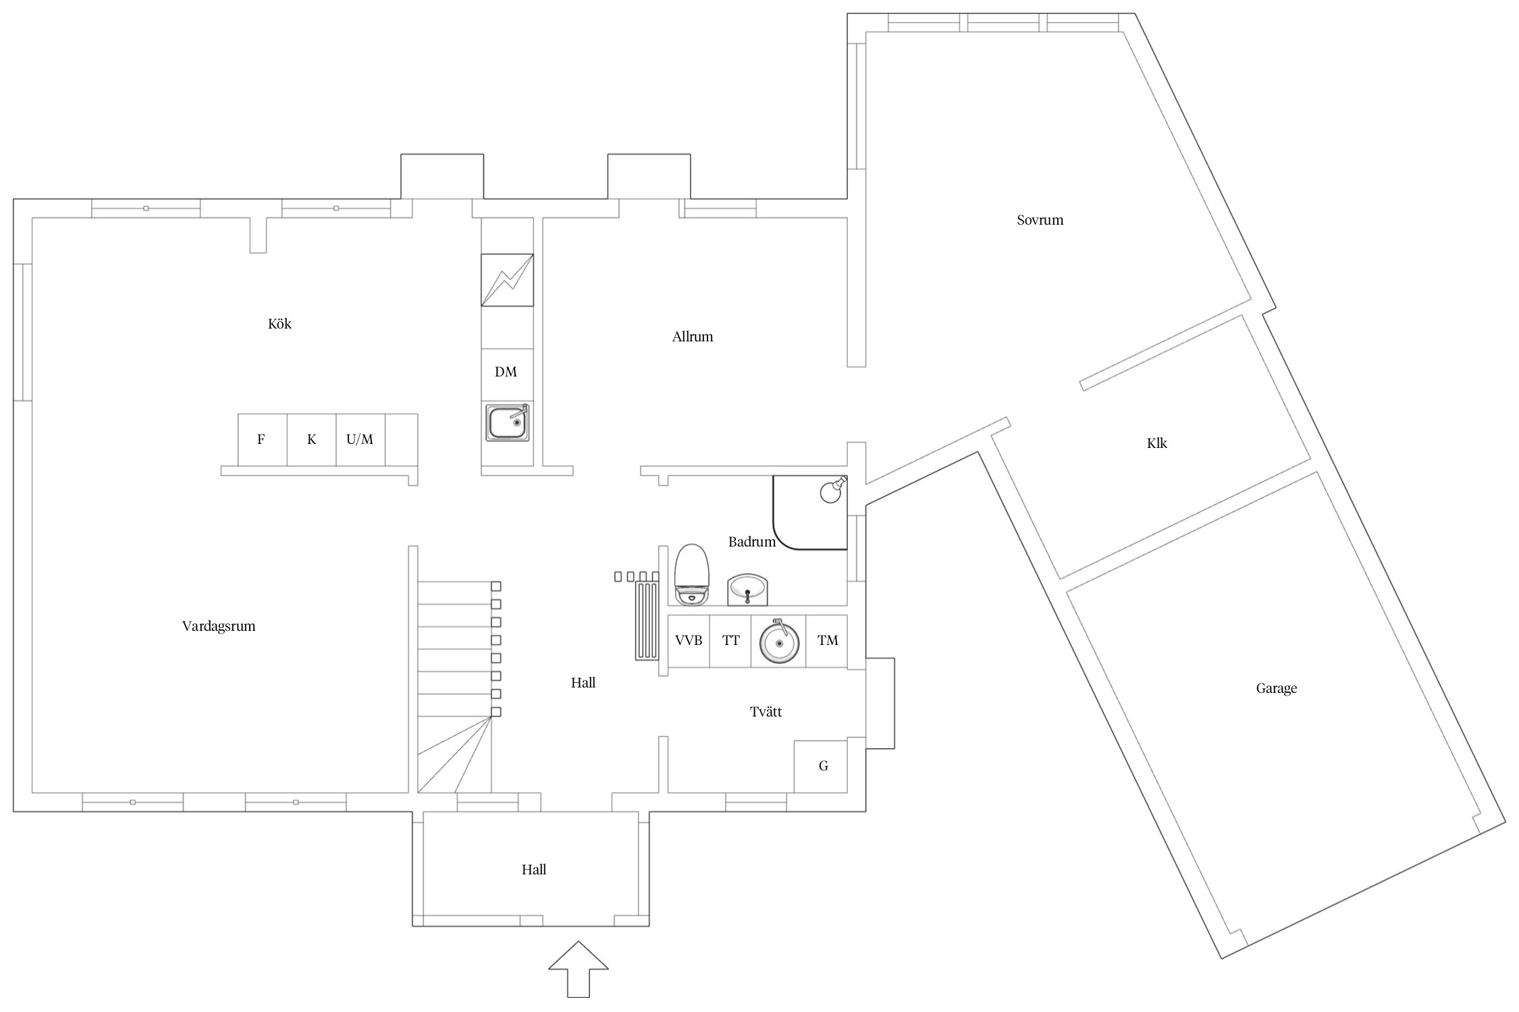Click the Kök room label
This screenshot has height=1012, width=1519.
[279, 324]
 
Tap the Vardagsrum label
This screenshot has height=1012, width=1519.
[219, 626]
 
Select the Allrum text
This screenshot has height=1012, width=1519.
[692, 337]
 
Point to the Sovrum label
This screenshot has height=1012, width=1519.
[1040, 220]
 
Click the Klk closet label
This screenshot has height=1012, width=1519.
[1156, 443]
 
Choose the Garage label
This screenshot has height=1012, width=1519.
[1276, 688]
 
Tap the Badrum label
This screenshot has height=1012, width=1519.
[751, 542]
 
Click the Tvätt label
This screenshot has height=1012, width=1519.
[766, 712]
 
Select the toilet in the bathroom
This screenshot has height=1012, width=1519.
[692, 573]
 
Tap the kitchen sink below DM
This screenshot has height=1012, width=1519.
[508, 422]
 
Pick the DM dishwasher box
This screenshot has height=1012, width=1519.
[506, 372]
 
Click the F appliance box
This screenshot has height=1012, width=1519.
[262, 440]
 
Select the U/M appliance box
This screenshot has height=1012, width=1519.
[360, 440]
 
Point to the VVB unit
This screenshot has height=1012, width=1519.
[689, 640]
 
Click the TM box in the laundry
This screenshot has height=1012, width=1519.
[827, 640]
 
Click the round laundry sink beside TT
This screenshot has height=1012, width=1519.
[779, 642]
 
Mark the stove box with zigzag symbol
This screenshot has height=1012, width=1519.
[507, 279]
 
